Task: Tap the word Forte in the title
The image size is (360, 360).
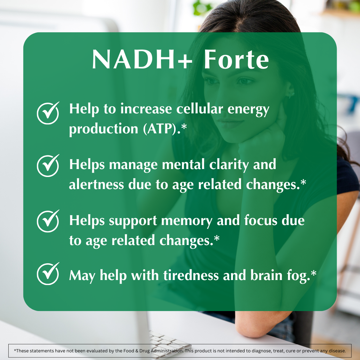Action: [236, 60]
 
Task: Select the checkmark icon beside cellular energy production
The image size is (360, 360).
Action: [48, 113]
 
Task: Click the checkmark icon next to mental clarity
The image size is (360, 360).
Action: [48, 166]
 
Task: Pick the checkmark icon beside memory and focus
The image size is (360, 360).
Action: [48, 221]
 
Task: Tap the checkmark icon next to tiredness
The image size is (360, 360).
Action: [48, 274]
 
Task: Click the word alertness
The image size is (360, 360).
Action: [96, 184]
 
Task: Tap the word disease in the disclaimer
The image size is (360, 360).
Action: [337, 351]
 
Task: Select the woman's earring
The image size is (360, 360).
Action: [292, 95]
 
